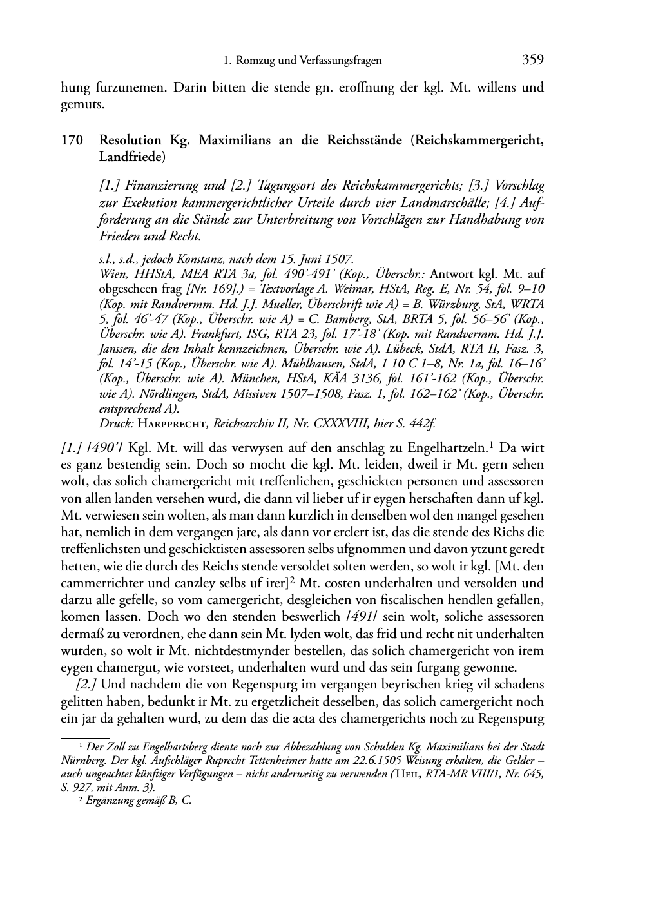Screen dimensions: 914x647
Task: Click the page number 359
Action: (533, 61)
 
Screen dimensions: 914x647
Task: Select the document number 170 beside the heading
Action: (71, 140)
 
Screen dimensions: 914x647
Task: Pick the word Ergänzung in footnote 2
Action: (110, 800)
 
